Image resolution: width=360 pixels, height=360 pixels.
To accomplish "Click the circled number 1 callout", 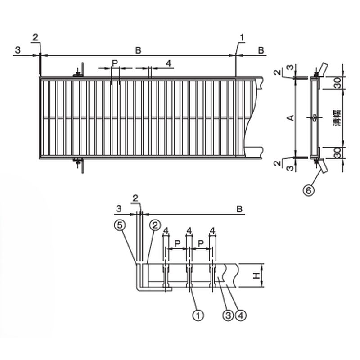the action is (x=198, y=315).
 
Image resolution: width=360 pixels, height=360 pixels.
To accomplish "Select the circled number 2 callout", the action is (x=155, y=225).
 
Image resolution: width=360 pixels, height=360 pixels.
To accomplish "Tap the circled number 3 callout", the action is (x=228, y=315).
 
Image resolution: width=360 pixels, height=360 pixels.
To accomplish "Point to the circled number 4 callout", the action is (x=241, y=315).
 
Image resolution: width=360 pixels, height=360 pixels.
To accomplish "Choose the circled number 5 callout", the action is (x=120, y=225).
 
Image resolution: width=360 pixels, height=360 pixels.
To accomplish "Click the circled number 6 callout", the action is (x=309, y=190).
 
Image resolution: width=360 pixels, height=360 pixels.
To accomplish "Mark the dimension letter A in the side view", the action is (x=291, y=118).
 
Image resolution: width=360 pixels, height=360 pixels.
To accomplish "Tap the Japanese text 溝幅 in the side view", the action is (x=337, y=118).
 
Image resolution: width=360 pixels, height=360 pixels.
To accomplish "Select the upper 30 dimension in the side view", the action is (x=337, y=83).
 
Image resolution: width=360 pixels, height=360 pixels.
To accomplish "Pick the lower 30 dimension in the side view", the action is (x=337, y=153).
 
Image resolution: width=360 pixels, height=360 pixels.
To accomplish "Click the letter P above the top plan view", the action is (x=115, y=63).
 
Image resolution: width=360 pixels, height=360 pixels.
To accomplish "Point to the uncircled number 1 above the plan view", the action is (x=242, y=37).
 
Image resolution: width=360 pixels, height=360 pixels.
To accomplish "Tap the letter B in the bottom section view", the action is (x=239, y=209).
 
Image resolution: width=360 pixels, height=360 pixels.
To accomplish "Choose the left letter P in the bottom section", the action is (x=177, y=243).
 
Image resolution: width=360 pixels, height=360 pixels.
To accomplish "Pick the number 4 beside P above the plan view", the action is (x=169, y=63).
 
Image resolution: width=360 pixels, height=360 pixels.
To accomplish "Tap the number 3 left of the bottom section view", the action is (x=119, y=209).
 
